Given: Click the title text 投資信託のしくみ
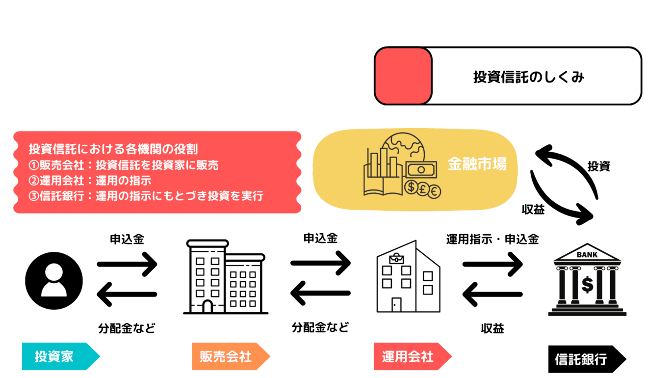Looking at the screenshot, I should point(528,77).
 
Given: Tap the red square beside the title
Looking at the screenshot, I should point(403,76).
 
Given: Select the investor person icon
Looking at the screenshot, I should point(54,281).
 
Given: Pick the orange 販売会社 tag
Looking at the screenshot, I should point(226,356).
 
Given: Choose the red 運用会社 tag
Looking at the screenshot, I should point(407,356).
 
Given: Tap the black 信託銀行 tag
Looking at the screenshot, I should point(581,359).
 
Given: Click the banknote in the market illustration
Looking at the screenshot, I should point(420,170).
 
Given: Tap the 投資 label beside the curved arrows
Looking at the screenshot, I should point(598,166).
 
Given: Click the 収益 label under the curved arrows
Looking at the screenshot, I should point(533,210).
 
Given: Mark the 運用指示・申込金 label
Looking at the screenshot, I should point(492,239).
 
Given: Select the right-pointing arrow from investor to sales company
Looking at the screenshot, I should point(127,264).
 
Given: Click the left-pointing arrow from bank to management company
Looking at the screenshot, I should point(492,294).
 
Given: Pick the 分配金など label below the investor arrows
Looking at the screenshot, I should point(127,328).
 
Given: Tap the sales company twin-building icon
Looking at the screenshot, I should point(226,277).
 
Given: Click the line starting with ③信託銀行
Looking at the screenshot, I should point(146,196).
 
